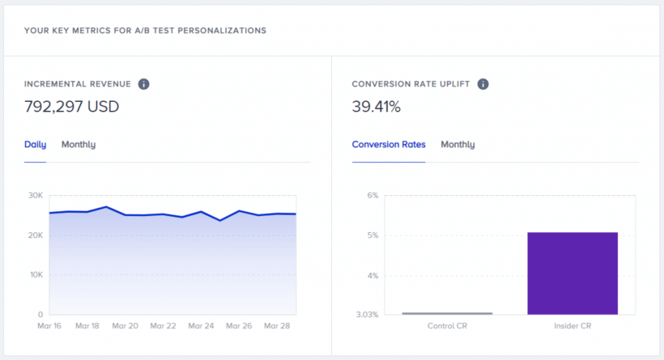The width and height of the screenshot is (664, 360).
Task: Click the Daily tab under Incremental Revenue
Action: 35,144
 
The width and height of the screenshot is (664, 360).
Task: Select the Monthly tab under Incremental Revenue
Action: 78,144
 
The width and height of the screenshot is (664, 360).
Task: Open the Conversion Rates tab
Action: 388,144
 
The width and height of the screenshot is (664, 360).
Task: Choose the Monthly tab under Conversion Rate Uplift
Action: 457,144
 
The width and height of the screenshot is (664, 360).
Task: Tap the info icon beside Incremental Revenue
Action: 144,84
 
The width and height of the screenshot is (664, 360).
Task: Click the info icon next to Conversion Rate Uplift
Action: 483,84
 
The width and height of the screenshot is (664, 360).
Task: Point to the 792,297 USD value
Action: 71,107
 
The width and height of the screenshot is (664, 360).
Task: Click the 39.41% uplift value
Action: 376,107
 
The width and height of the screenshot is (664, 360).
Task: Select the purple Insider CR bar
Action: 572,273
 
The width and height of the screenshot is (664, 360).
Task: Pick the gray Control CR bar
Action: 447,313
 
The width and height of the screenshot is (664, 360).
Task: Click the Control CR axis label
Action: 447,326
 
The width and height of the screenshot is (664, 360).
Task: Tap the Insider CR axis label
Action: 572,326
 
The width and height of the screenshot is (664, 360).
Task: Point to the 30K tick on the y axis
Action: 35,196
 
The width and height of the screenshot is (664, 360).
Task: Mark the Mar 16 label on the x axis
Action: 49,326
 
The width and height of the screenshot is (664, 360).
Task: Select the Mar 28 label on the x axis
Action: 277,326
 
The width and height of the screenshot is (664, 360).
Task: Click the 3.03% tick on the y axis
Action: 367,315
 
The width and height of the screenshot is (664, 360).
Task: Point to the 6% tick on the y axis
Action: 372,196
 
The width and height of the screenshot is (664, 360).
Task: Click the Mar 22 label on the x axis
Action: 164,326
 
